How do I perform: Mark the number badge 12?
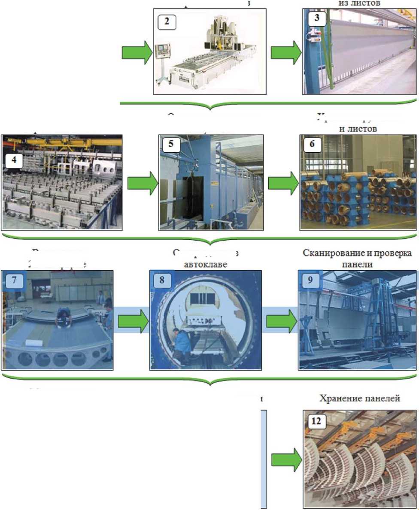(316, 421)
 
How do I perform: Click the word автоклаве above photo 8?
(205, 264)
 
